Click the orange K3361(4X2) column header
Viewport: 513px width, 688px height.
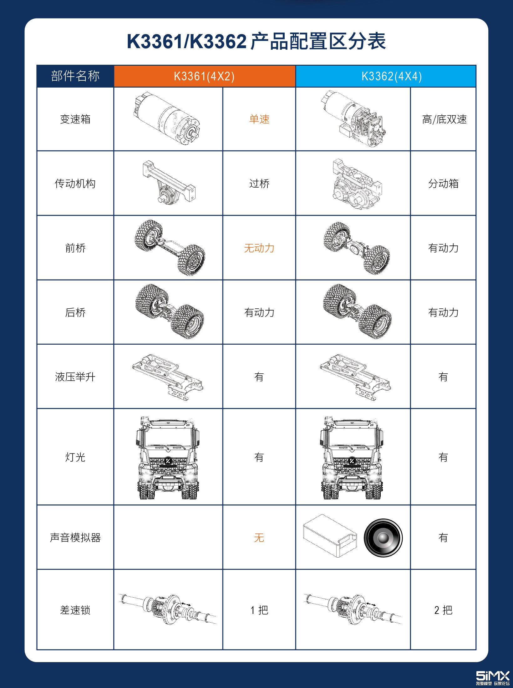(205, 76)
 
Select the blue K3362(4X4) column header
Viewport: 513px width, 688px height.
(392, 76)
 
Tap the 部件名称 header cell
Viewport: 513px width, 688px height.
(75, 76)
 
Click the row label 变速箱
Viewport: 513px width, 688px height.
(75, 119)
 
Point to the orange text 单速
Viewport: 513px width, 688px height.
(259, 119)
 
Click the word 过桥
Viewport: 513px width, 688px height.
(259, 184)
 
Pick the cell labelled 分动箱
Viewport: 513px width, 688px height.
(443, 184)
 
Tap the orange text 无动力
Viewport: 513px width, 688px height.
(259, 248)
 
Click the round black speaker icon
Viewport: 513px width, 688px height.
(383, 538)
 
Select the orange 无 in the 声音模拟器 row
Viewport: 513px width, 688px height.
(259, 538)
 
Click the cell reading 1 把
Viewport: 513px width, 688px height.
(259, 610)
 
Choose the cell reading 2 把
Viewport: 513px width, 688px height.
(443, 610)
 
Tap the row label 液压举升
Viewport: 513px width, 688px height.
(75, 377)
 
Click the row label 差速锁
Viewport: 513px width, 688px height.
(75, 610)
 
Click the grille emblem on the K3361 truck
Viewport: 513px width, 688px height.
(168, 461)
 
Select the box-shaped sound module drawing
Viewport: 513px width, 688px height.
(330, 535)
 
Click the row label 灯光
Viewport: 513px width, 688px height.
(75, 457)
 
